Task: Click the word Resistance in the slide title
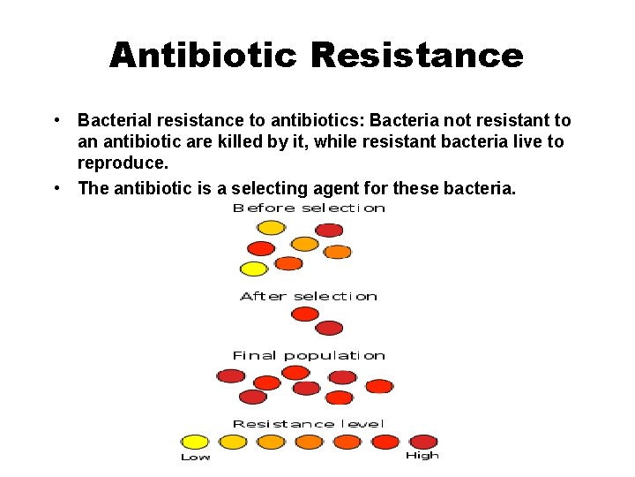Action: click(416, 56)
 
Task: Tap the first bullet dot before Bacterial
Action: click(55, 120)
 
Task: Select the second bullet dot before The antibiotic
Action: click(55, 187)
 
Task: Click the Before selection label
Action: click(309, 208)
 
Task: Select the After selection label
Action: click(309, 296)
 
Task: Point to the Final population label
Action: click(309, 355)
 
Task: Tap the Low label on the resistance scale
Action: click(195, 457)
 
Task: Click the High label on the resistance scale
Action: click(422, 456)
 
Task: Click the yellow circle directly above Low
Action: click(195, 442)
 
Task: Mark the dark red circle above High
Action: click(423, 442)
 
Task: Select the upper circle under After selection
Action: click(304, 314)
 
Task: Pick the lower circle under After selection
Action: click(329, 329)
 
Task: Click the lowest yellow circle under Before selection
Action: click(254, 269)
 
